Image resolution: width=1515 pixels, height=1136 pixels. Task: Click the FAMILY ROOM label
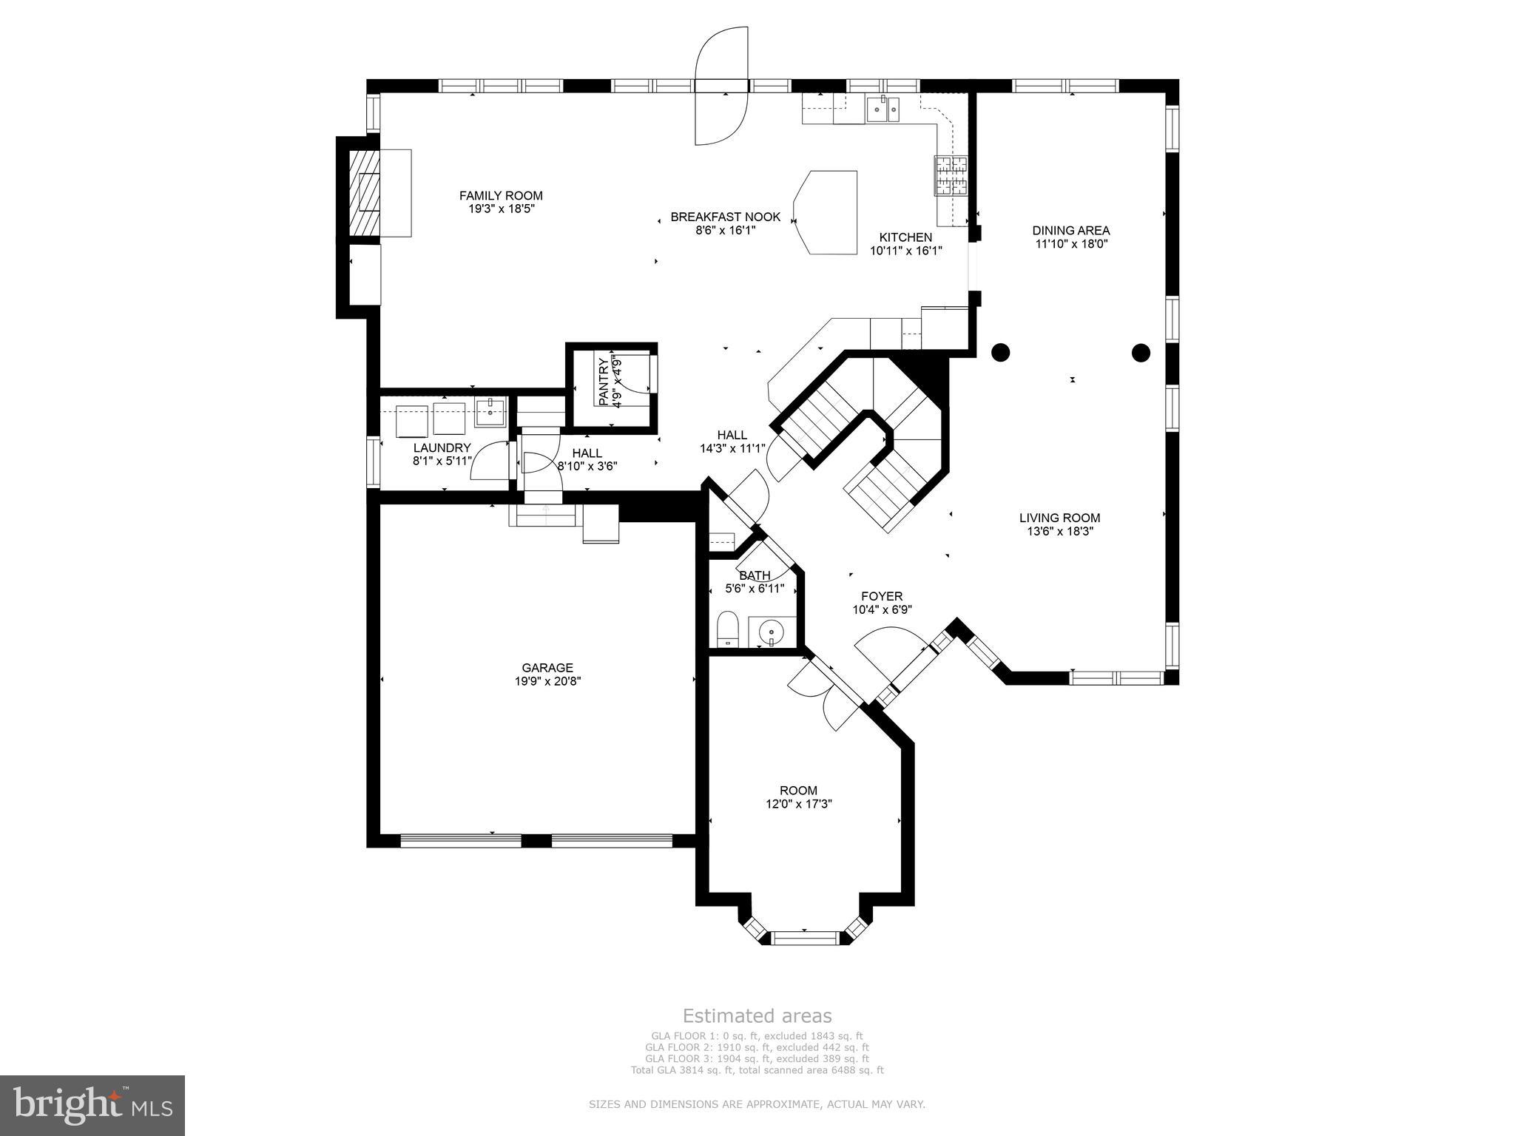tap(501, 196)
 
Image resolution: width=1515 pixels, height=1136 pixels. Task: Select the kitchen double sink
tap(883, 110)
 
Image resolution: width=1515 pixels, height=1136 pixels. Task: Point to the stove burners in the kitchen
tap(951, 176)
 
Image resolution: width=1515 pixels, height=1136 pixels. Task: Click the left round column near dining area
tap(1000, 353)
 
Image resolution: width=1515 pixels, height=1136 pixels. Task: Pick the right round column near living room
tap(1141, 353)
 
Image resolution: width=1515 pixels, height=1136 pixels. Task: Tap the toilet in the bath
tap(728, 629)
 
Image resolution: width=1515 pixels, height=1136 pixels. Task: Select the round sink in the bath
tap(772, 632)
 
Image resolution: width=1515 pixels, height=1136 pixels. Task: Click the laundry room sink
tap(490, 413)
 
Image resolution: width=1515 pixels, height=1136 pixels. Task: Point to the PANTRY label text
tap(603, 382)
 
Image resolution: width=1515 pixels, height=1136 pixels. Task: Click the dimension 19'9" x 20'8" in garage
tap(547, 681)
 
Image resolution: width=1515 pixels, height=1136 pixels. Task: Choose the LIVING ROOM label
tap(1059, 518)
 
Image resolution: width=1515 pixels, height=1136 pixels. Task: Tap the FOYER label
tap(882, 596)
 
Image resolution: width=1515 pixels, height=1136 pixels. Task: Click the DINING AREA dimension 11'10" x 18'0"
tap(1070, 243)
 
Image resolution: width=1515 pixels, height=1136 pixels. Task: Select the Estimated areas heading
tap(757, 1015)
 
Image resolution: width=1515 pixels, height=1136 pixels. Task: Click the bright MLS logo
tap(92, 1105)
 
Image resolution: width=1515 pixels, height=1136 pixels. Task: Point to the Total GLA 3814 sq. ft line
tap(757, 1070)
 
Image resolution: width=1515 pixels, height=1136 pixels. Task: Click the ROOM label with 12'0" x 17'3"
tap(798, 791)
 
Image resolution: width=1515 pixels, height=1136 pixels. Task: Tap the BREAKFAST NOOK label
tap(725, 217)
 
